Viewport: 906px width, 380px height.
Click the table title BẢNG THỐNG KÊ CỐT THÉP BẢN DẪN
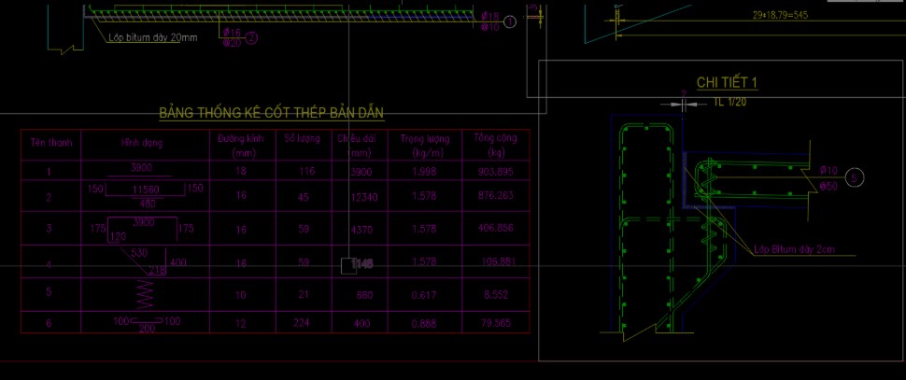point(271,113)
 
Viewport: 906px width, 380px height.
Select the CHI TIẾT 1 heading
point(727,83)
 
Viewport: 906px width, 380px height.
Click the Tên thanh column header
point(50,143)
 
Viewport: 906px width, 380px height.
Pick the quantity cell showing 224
point(302,324)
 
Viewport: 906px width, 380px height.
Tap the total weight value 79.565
point(494,324)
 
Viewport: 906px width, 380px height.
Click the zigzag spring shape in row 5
point(144,293)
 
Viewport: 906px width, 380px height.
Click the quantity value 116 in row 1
point(302,172)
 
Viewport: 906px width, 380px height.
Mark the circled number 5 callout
point(860,176)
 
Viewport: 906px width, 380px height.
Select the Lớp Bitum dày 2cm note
point(795,248)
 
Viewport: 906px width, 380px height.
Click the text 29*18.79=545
point(781,15)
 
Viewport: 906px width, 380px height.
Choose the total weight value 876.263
point(494,197)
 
